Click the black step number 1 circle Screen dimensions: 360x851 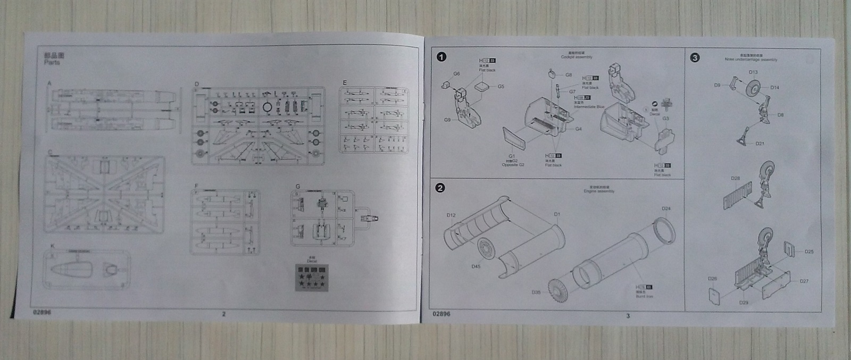pos(441,57)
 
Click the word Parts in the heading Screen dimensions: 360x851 pos(52,63)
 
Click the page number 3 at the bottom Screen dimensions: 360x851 pos(628,316)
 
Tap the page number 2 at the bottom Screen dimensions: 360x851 pos(224,314)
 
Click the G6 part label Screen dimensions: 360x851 pos(456,74)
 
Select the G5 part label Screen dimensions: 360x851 pos(501,87)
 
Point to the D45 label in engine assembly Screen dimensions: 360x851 pos(475,266)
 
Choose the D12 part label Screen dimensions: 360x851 pos(450,215)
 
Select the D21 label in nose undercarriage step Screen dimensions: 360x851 pos(760,144)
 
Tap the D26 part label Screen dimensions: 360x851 pos(713,279)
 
